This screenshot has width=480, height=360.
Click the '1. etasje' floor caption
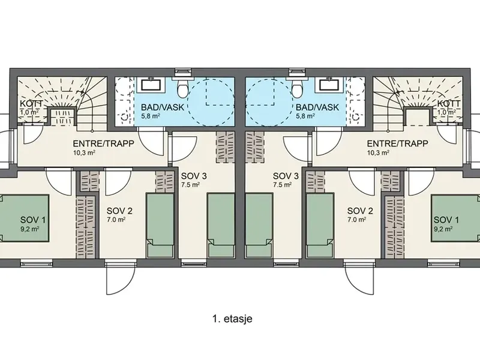(x=232, y=319)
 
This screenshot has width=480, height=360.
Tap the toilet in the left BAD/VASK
(x=183, y=88)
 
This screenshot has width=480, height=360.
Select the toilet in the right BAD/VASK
(x=296, y=88)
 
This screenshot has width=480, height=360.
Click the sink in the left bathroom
(x=151, y=85)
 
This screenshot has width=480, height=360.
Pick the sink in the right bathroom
(x=329, y=85)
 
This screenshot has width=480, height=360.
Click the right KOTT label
(x=449, y=104)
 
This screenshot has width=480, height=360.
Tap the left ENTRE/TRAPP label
(x=103, y=143)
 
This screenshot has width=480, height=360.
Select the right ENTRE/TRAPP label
(x=397, y=143)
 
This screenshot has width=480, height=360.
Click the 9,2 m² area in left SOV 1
(x=29, y=229)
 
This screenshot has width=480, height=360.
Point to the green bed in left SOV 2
(x=160, y=225)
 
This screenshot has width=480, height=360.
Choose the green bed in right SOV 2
(x=320, y=225)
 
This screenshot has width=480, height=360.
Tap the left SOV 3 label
(x=194, y=176)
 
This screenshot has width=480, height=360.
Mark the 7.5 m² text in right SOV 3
(x=282, y=185)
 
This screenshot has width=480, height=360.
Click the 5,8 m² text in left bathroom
(x=151, y=116)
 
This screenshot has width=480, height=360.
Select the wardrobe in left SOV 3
(x=225, y=147)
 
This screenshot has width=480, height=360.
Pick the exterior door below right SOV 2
(x=359, y=278)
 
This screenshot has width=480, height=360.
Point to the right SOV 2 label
(x=361, y=211)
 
